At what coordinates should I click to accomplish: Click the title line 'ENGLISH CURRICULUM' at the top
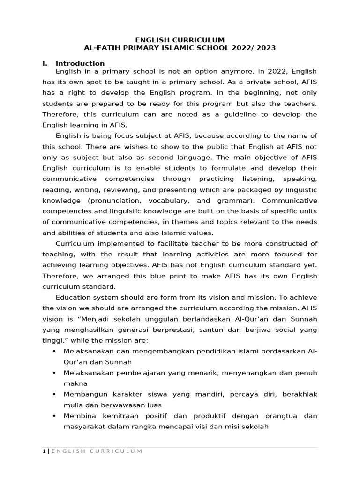pyautogui.click(x=180, y=40)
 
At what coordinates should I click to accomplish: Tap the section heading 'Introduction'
pyautogui.click(x=80, y=63)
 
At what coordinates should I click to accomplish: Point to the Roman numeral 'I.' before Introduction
pyautogui.click(x=45, y=63)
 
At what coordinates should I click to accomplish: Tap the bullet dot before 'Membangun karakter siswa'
pyautogui.click(x=55, y=394)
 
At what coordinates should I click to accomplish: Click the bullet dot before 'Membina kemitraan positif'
pyautogui.click(x=55, y=416)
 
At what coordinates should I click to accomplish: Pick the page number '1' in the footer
pyautogui.click(x=44, y=451)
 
